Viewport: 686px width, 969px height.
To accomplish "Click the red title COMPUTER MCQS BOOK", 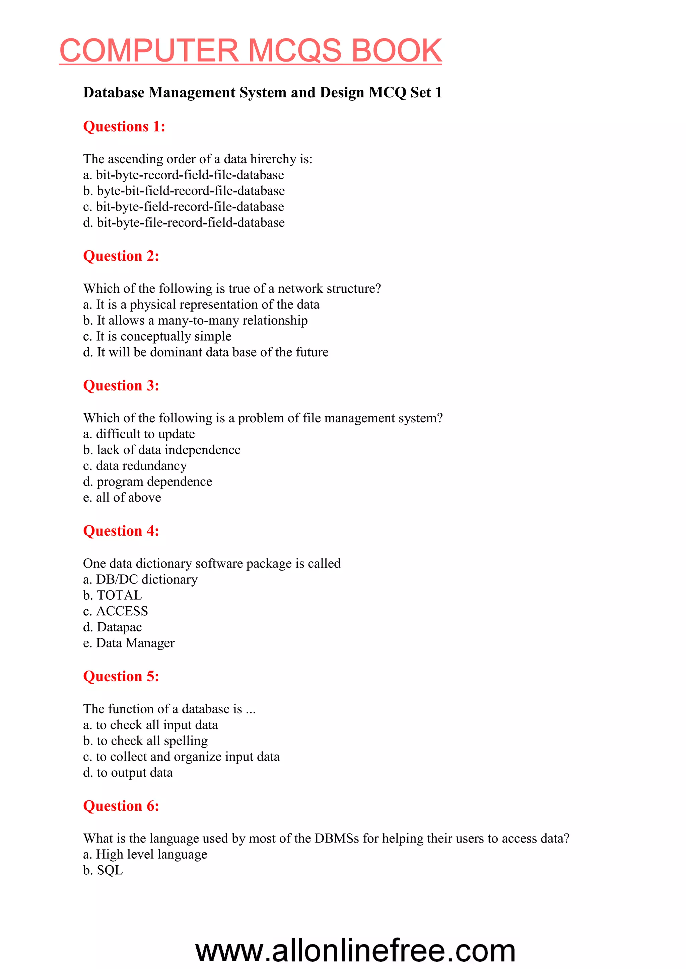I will (251, 51).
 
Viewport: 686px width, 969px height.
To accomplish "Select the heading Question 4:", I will (121, 531).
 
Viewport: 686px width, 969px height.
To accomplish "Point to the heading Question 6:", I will (121, 806).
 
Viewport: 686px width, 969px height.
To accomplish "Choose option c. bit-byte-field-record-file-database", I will (183, 207).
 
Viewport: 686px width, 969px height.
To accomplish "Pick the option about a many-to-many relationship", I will (195, 320).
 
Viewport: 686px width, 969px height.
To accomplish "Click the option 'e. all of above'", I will (122, 498).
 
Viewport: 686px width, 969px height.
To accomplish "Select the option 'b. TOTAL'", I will (112, 596).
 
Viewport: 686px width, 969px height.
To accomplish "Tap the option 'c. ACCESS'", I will (115, 611).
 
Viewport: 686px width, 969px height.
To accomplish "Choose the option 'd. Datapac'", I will (112, 627).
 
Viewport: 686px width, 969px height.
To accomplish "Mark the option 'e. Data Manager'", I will (129, 643).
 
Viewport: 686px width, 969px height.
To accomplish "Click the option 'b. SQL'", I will (103, 870).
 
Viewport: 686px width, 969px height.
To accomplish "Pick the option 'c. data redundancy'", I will (135, 466).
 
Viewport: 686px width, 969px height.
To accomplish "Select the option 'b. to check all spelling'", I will (145, 741).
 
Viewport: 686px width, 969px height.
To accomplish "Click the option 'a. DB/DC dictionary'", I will (140, 580).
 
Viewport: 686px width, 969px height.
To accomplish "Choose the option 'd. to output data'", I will (128, 773).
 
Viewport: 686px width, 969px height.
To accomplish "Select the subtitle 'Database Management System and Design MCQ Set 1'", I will (262, 92).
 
